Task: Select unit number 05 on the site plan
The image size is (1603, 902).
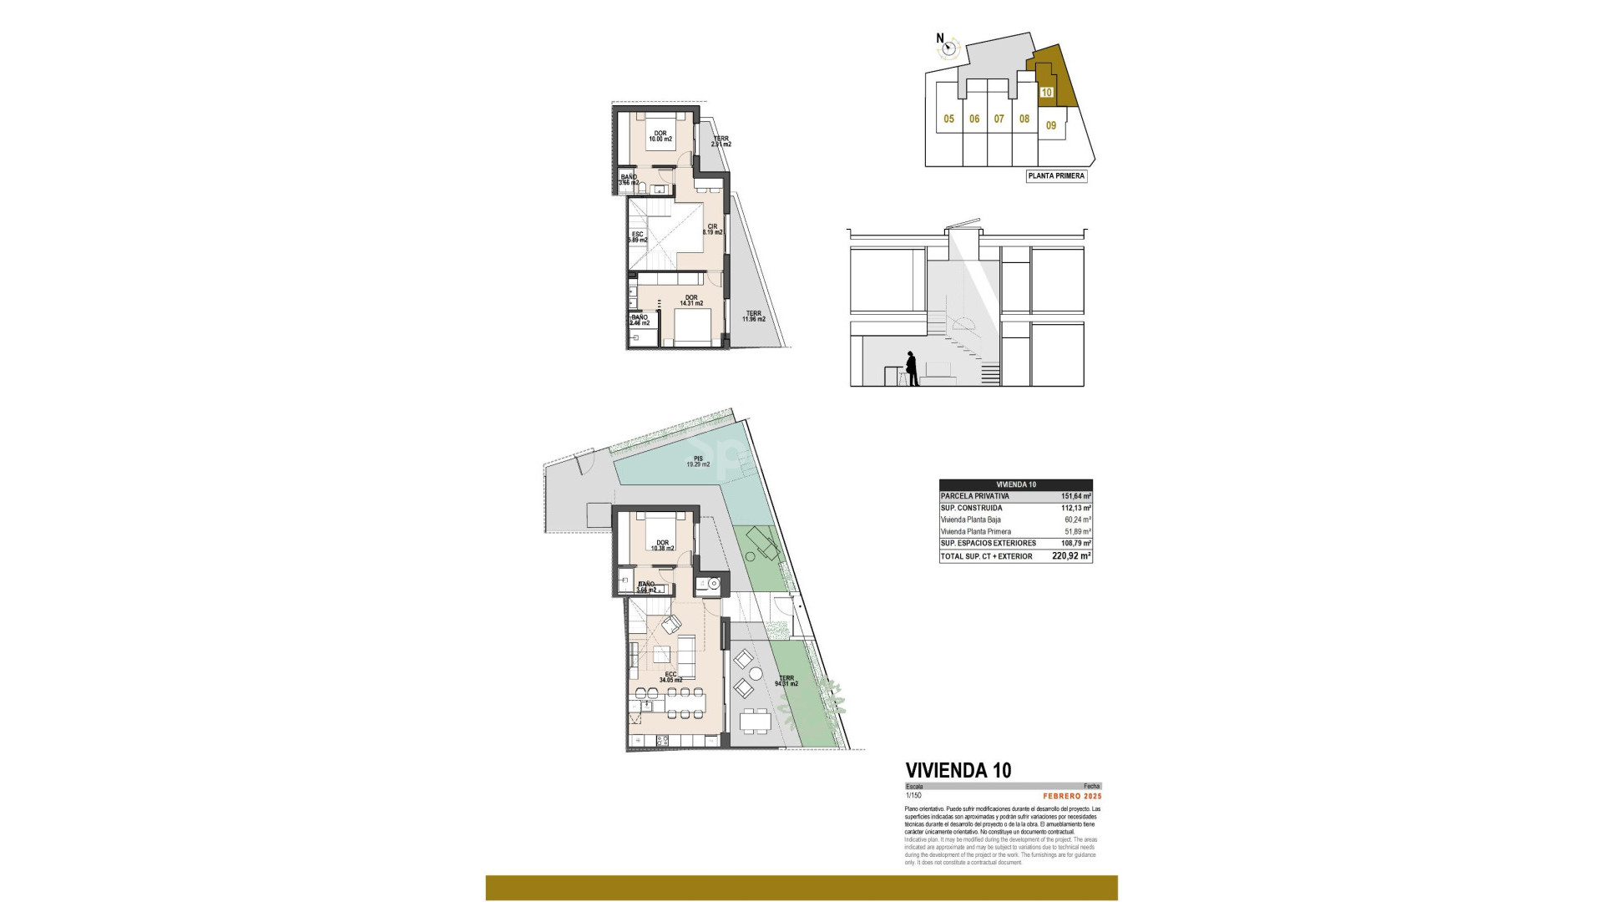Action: [948, 119]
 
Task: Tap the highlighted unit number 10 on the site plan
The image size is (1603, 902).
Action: [1047, 93]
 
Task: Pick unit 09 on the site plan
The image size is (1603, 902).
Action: [1051, 126]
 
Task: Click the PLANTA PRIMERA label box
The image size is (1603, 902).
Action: [1056, 176]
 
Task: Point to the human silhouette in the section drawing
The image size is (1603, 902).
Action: [912, 368]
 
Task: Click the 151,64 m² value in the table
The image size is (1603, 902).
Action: [1075, 496]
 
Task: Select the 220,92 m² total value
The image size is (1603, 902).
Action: [1072, 556]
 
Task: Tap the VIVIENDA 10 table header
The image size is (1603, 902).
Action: [1016, 484]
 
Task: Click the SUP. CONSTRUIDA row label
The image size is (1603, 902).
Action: [971, 508]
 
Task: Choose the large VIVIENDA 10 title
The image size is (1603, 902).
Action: [958, 770]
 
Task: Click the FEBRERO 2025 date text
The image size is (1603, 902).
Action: [1072, 796]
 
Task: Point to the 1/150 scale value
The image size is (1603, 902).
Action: [914, 796]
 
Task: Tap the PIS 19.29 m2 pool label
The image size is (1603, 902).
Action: [698, 461]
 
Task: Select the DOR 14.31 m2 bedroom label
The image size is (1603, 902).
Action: [691, 301]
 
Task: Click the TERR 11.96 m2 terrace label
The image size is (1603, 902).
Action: [754, 317]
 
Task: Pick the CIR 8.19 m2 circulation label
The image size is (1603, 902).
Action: [712, 229]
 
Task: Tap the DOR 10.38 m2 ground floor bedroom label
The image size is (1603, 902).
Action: [661, 545]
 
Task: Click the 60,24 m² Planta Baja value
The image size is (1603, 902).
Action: [1077, 519]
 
